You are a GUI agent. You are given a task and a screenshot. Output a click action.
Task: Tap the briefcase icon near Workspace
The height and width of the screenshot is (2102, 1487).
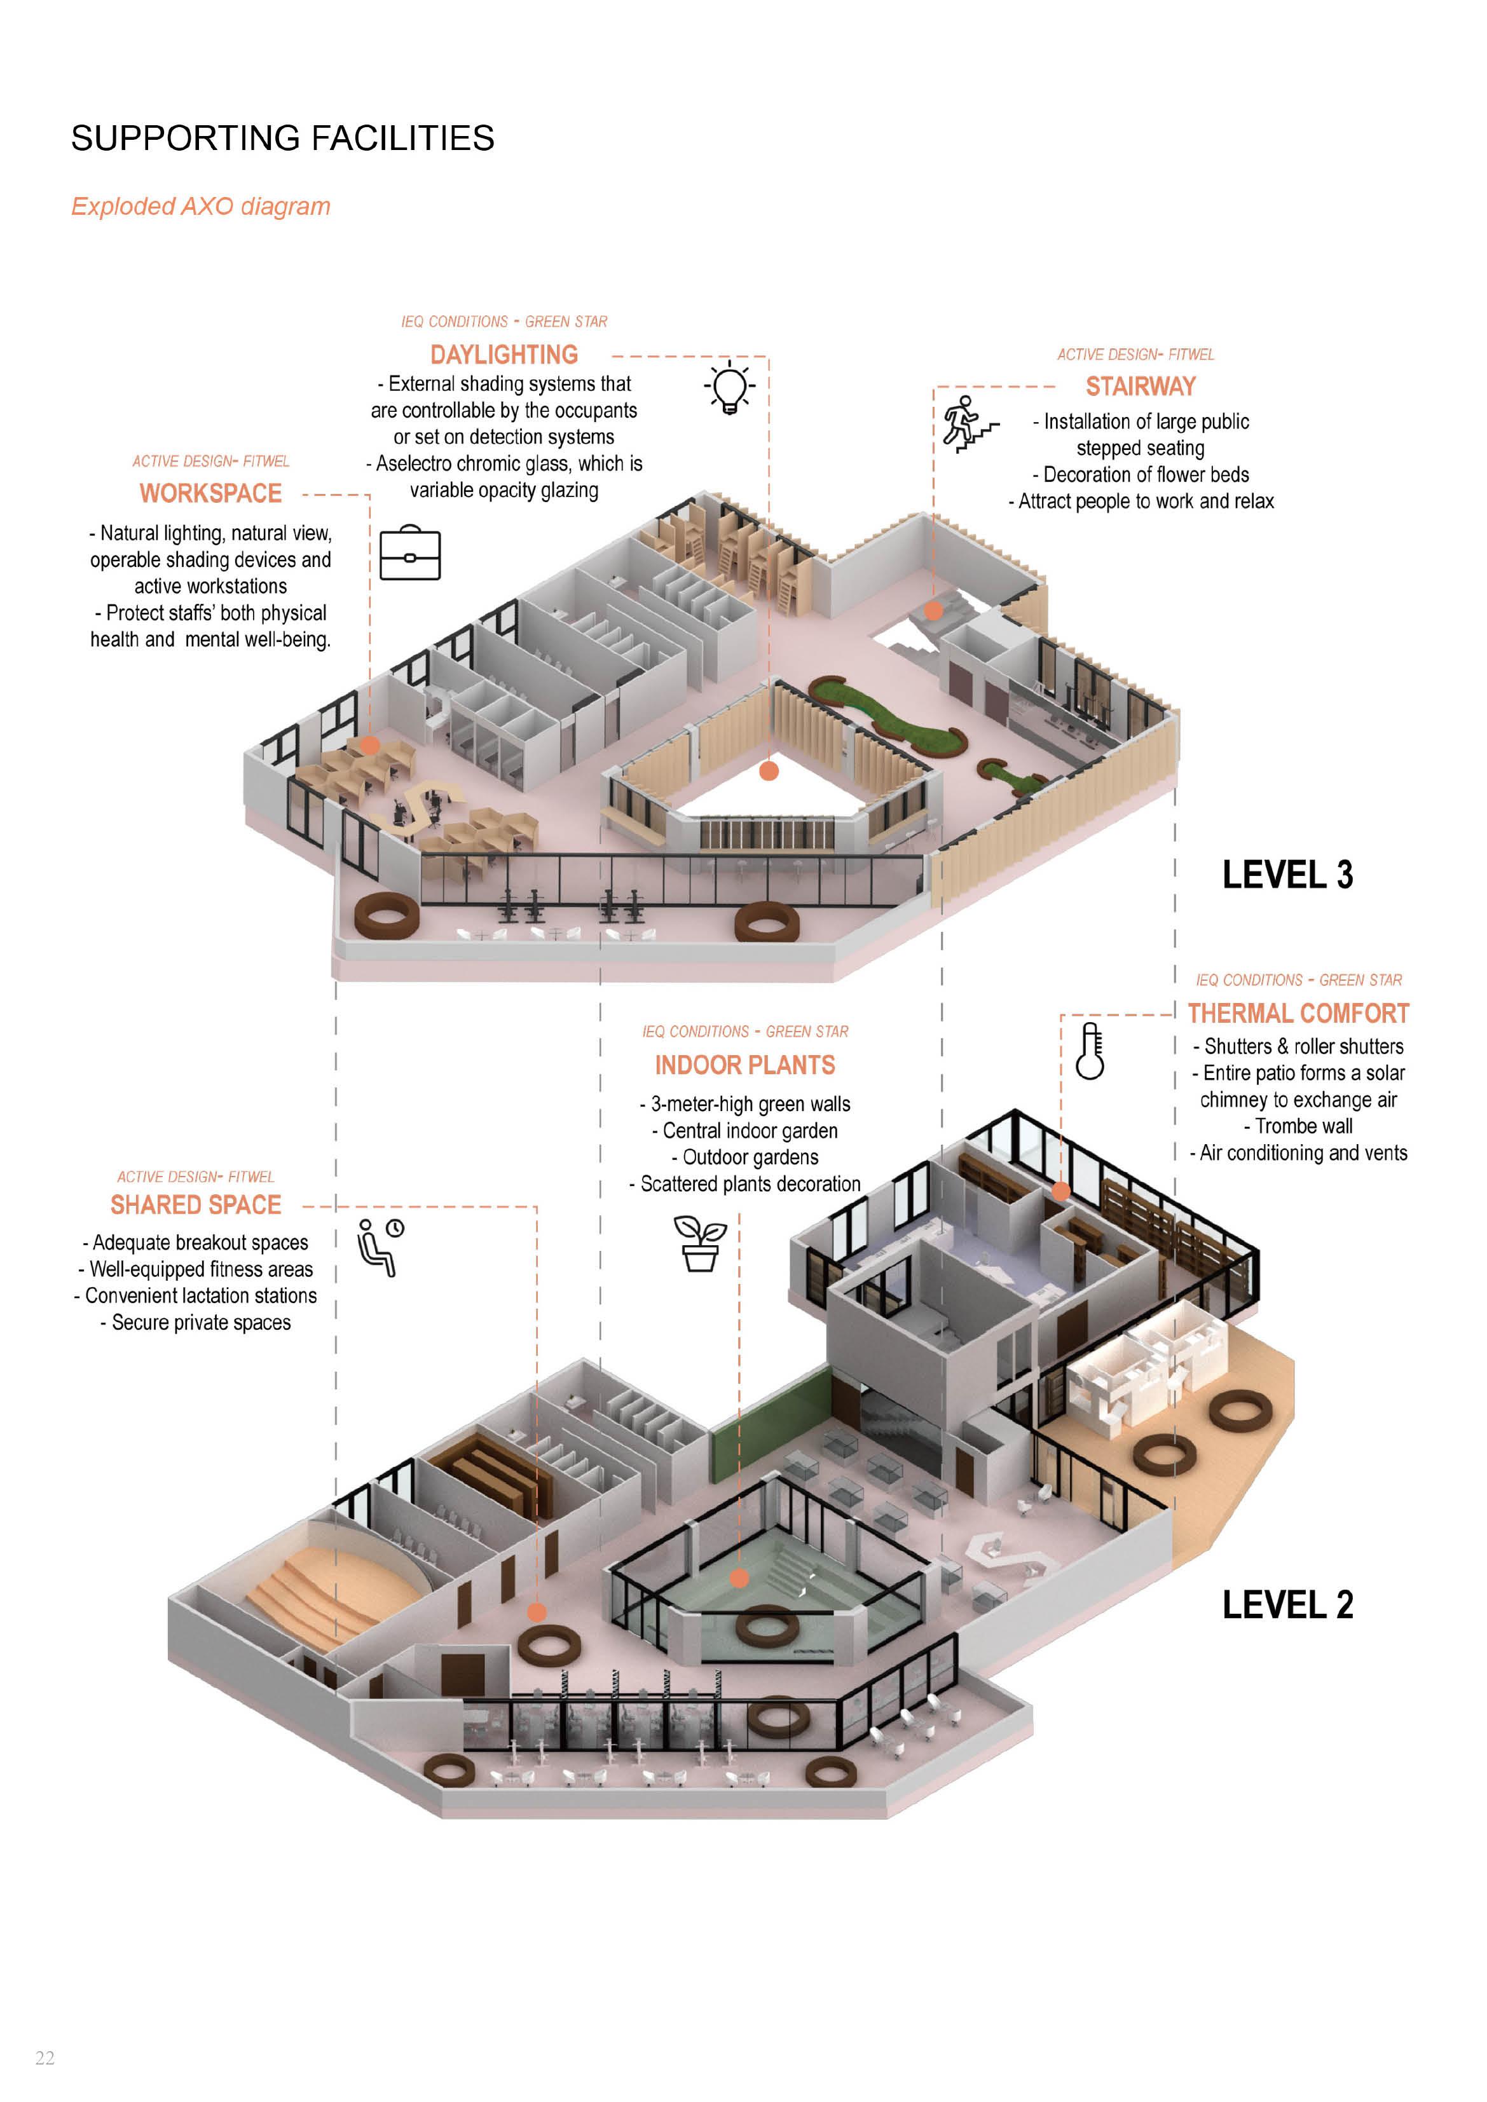click(x=409, y=553)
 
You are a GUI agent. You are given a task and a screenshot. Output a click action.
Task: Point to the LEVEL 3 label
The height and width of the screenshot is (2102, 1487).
click(x=1287, y=875)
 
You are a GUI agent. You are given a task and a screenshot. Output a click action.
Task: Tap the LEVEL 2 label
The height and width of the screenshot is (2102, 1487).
click(x=1287, y=1605)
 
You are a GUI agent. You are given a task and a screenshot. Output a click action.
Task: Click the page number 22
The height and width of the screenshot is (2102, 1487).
click(x=45, y=2059)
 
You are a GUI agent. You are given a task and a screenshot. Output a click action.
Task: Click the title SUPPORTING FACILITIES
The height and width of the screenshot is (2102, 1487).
click(x=282, y=138)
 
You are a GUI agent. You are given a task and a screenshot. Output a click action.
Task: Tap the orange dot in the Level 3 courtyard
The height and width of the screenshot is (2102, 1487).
click(x=769, y=771)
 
